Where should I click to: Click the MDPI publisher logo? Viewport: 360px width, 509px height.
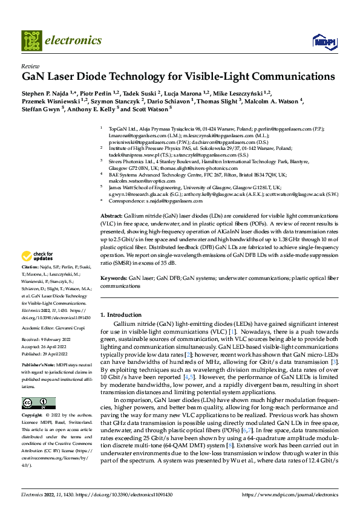[323, 41]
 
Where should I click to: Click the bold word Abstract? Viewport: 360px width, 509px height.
[111, 216]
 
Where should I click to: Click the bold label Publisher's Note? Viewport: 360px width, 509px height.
[38, 366]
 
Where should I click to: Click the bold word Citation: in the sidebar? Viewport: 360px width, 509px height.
[31, 284]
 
